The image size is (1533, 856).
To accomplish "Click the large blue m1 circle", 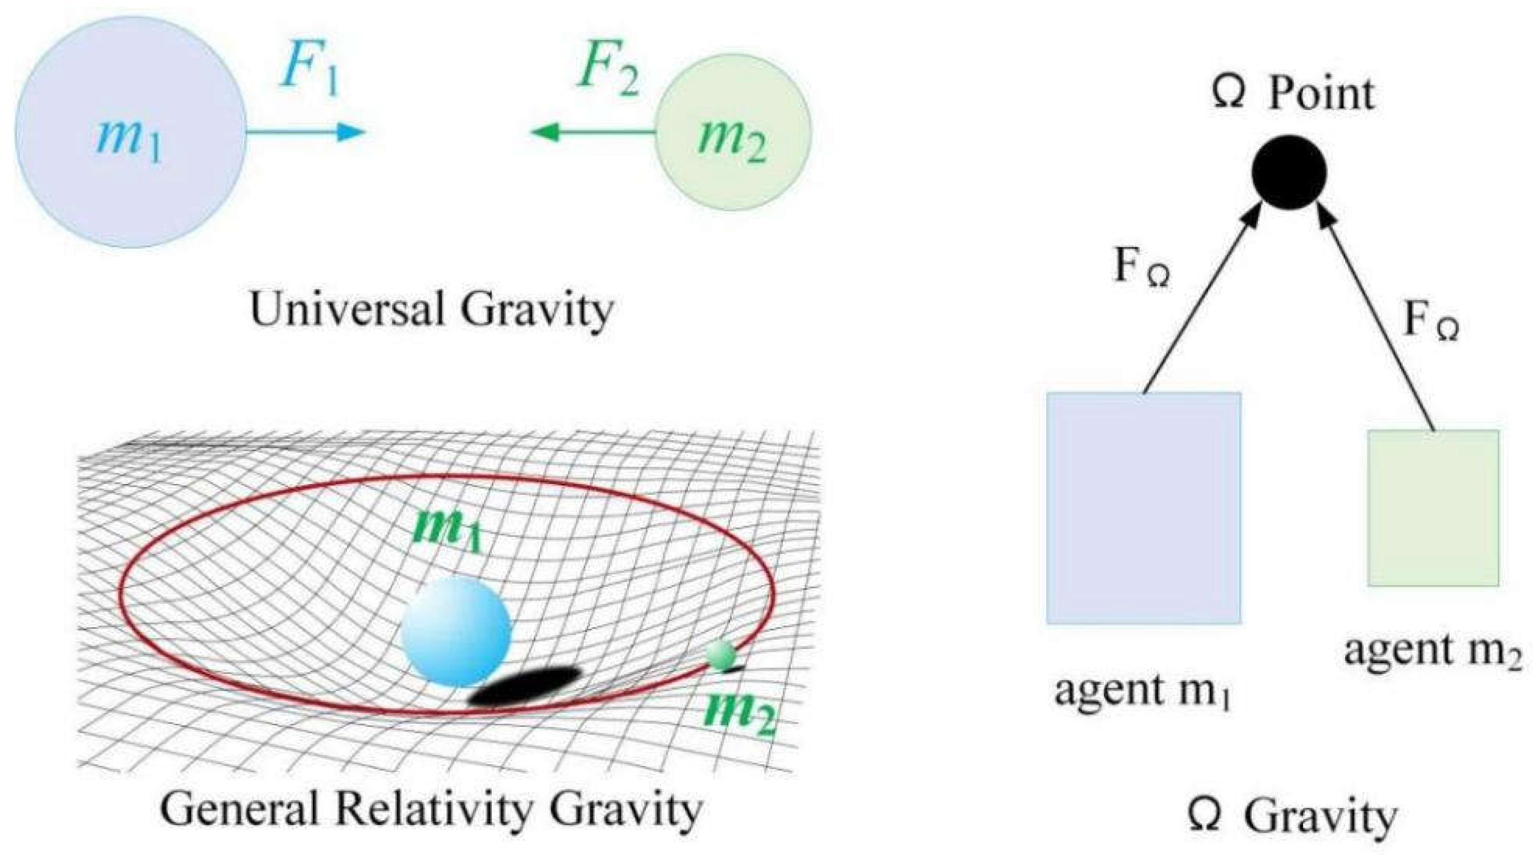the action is coord(130,132).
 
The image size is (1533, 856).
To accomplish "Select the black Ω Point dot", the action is coord(1289,172).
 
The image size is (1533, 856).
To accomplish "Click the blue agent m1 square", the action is coord(1143,507).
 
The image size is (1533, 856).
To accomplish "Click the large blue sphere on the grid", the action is coord(456,632).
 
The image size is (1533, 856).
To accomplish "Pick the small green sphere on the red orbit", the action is coord(722,656).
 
